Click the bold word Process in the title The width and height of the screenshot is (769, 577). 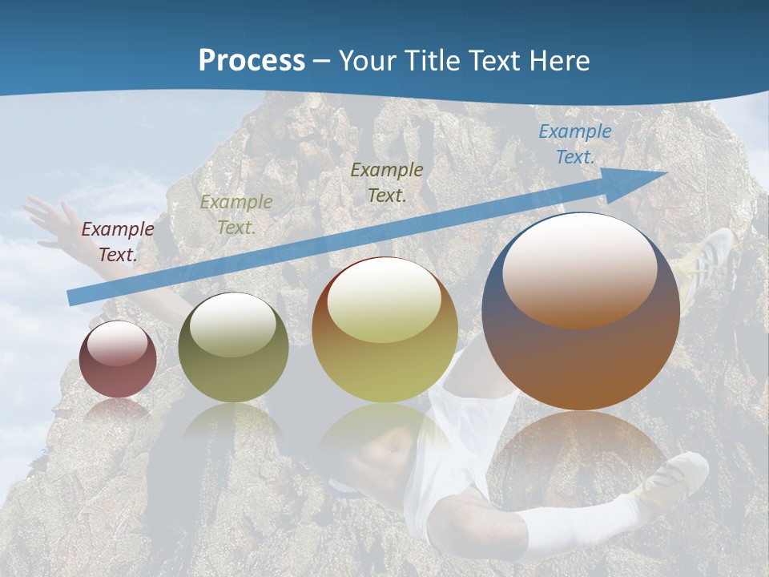tap(252, 61)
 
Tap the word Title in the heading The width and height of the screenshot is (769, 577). tap(436, 61)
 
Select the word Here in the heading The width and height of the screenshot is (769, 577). tap(560, 61)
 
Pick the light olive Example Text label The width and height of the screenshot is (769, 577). tap(236, 215)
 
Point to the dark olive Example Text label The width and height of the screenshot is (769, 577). tap(387, 183)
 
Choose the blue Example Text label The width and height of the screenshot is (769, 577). tap(575, 144)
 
